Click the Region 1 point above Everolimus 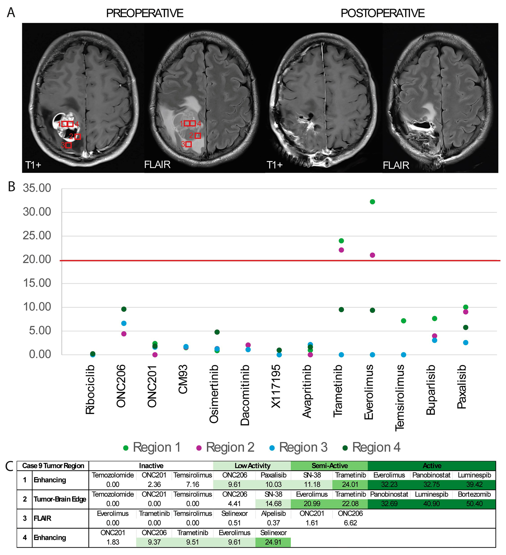coord(372,202)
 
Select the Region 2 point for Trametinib coord(341,250)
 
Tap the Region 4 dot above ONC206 coord(124,309)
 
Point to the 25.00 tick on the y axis coord(37,236)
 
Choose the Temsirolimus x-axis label coord(400,398)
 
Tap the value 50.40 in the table coord(474,504)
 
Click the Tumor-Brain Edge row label coord(60,499)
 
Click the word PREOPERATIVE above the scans coord(145,13)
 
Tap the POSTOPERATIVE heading coord(382,13)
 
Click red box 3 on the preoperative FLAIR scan coord(189,144)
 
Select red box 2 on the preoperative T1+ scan coord(78,137)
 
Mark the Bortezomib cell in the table coord(474,494)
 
